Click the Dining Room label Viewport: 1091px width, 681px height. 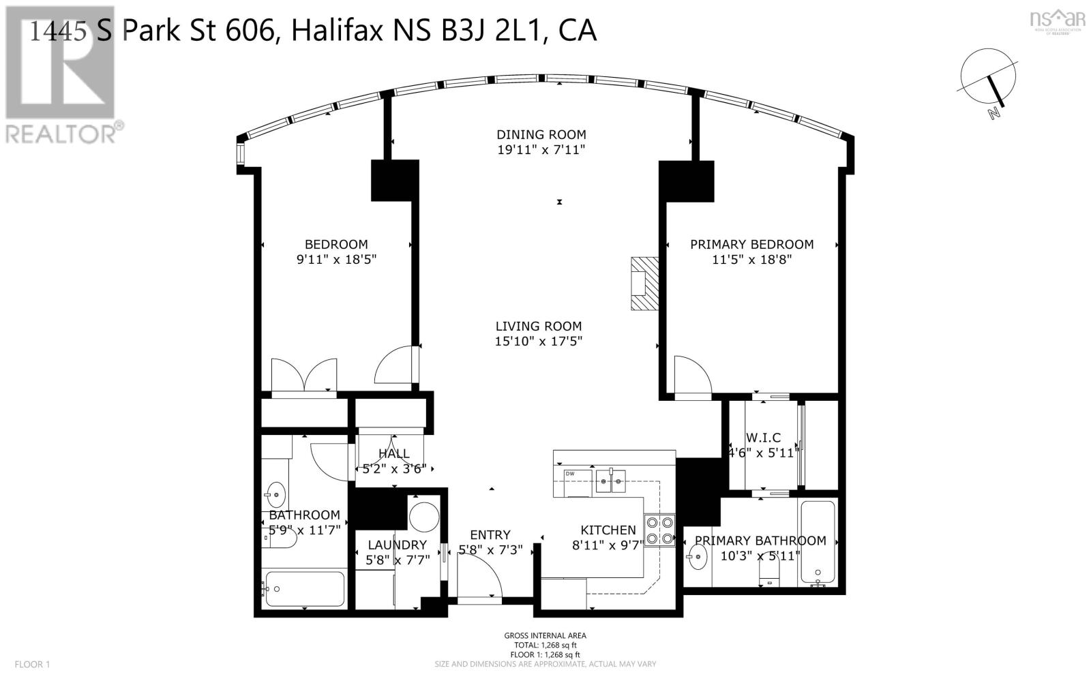541,134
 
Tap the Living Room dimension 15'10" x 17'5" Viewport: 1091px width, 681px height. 539,341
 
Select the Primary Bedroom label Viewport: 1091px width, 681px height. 751,244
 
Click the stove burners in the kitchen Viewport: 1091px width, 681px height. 659,530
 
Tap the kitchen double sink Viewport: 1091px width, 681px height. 612,481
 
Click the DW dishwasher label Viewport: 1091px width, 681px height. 569,473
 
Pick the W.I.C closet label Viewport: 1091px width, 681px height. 763,438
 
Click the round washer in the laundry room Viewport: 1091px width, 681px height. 425,517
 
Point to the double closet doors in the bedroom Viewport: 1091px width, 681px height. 303,375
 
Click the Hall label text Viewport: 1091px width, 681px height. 393,453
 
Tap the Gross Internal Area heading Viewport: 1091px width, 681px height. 545,635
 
